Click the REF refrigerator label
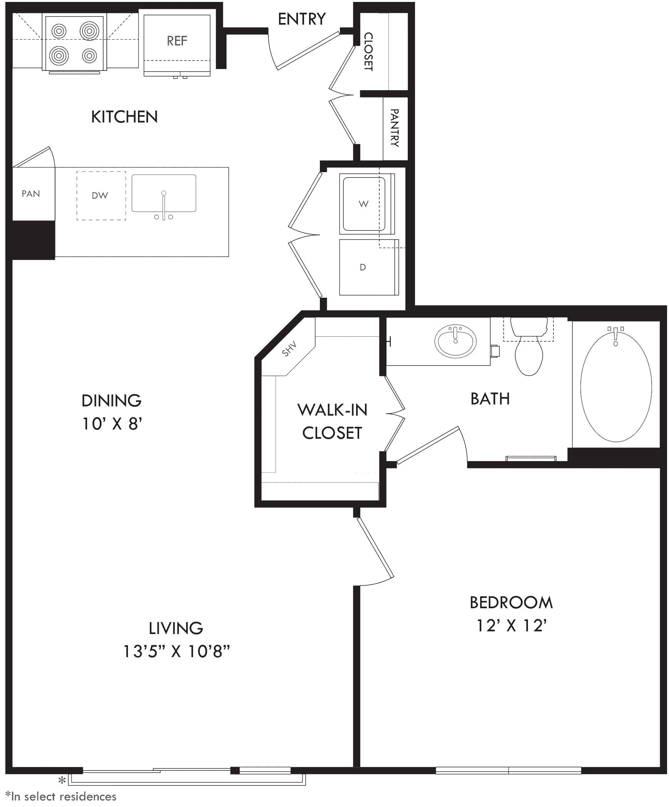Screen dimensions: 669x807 tap(177, 40)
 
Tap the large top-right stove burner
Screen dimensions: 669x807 tap(89, 30)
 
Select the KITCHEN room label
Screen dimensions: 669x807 tap(124, 117)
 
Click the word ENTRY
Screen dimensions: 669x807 tap(302, 19)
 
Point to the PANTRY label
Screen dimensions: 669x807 tap(395, 128)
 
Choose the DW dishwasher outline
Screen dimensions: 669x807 tap(101, 196)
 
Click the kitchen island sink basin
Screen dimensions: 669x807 tap(164, 193)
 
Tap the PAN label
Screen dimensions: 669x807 tap(31, 194)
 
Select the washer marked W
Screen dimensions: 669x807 tap(367, 204)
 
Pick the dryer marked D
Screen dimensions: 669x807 tap(369, 267)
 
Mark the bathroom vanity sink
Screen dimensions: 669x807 tap(456, 341)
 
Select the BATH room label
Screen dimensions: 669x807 tap(490, 399)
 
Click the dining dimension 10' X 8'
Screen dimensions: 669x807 tap(112, 424)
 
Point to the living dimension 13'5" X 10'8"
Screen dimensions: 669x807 tap(176, 651)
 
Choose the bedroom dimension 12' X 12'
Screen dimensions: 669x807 tap(512, 626)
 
